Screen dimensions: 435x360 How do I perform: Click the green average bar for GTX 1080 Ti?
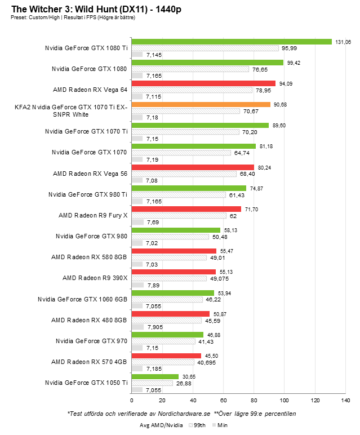click(x=231, y=42)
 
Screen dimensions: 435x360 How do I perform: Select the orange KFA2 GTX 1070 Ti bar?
click(x=201, y=104)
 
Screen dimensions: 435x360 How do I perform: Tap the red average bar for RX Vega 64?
click(x=203, y=83)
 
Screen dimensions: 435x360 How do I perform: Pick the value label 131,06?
click(x=344, y=42)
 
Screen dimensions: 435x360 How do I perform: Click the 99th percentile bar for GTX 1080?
click(x=190, y=69)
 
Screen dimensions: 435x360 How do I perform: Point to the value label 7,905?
click(x=155, y=326)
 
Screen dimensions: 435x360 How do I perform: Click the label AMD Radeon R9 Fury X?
click(x=93, y=215)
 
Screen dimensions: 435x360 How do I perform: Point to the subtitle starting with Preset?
click(x=73, y=17)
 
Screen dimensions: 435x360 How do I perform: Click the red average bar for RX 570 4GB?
click(x=166, y=356)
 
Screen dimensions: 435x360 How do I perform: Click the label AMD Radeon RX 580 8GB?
click(x=90, y=257)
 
